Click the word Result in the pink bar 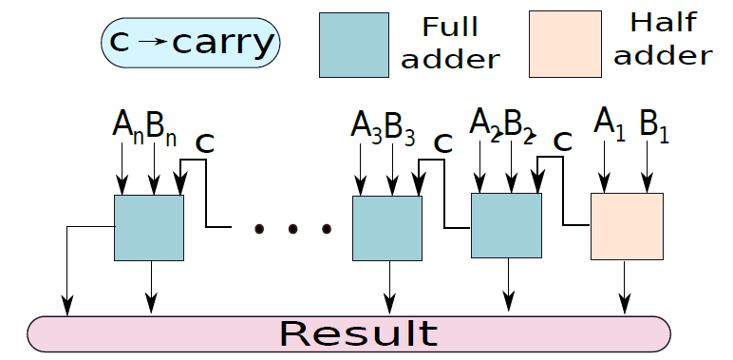point(359,333)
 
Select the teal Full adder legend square point(354,45)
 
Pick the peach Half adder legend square point(565,44)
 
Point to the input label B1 point(654,125)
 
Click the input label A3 point(366,126)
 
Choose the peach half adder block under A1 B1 point(627,226)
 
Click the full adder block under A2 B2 point(506,225)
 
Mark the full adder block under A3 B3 point(387,228)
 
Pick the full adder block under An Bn point(149,228)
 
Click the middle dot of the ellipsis point(292,229)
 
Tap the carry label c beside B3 point(442,143)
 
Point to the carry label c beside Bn point(205,144)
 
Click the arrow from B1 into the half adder point(647,167)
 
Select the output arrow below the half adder point(624,288)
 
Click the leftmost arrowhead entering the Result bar point(66,306)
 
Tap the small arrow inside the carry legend point(153,41)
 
